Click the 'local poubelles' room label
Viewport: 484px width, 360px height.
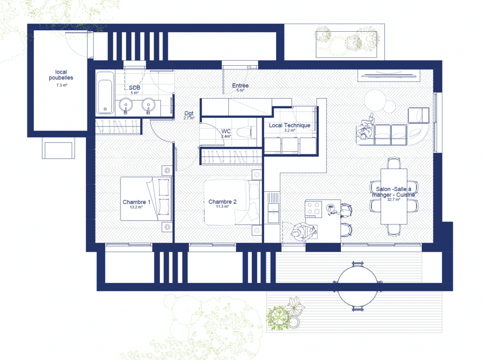61,75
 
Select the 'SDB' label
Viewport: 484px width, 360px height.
135,88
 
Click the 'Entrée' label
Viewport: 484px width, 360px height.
240,86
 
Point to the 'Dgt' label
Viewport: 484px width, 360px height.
189,113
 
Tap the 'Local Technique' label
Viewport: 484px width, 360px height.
290,125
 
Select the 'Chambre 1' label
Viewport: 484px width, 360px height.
137,202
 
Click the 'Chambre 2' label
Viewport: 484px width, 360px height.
222,202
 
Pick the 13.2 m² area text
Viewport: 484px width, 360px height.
136,207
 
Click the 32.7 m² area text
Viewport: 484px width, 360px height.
394,199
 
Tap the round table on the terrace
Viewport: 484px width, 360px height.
358,286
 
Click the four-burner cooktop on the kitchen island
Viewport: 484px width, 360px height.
314,208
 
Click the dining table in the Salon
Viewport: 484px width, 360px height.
394,197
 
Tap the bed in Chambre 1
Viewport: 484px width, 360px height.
146,199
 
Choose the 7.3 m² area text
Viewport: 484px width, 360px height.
62,85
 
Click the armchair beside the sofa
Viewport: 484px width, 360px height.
419,116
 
